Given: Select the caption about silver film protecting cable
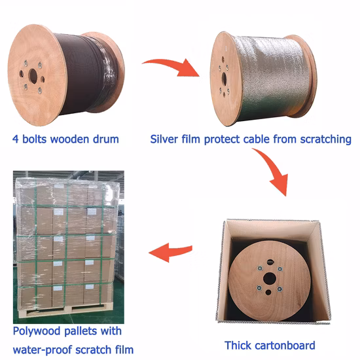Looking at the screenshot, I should click(x=251, y=139).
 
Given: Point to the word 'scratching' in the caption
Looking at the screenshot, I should click(x=323, y=139).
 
